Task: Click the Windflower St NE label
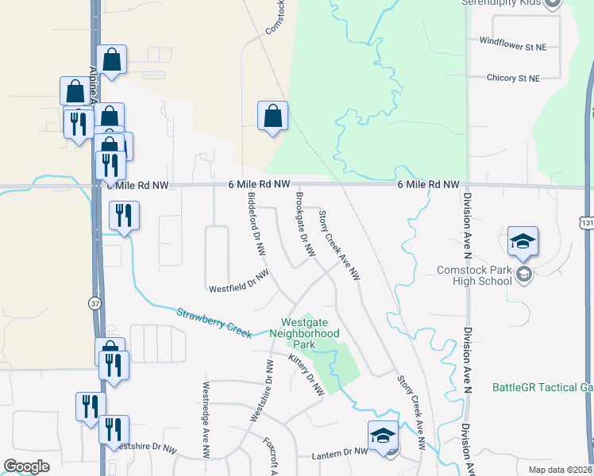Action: coord(514,46)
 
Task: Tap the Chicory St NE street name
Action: coord(513,79)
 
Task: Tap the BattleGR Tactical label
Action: coord(542,387)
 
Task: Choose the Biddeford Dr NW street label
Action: coord(256,223)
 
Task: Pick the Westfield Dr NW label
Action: coord(238,280)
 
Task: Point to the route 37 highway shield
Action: coord(94,304)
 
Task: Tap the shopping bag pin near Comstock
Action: coord(272,116)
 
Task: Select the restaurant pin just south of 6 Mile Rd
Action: coord(125,215)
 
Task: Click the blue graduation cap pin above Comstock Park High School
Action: coord(523,241)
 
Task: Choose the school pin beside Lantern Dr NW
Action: coord(383,436)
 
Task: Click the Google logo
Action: coord(27,466)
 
